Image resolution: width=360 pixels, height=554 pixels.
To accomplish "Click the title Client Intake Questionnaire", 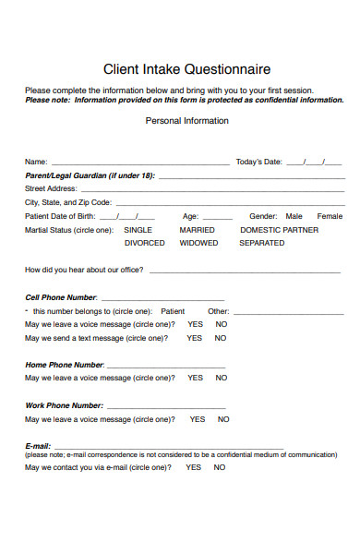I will tap(186, 69).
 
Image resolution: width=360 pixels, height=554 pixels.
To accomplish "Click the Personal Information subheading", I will tap(186, 121).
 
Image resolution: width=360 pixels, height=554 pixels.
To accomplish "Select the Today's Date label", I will tap(259, 162).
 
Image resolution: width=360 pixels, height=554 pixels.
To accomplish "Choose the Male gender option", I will tap(294, 216).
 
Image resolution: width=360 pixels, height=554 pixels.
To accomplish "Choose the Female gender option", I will tap(330, 216).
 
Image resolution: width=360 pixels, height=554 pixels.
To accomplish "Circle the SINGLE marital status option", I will tap(138, 230).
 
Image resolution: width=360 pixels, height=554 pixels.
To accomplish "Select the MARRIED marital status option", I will tap(197, 230).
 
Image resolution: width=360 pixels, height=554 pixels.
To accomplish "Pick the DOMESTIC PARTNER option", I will tap(279, 230).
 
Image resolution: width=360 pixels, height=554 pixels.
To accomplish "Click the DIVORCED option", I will tap(144, 244).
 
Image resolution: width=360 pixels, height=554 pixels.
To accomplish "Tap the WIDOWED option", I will tap(198, 244).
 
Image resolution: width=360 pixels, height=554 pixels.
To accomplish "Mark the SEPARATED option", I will tap(261, 244).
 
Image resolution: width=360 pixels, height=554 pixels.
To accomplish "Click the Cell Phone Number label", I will tap(61, 297).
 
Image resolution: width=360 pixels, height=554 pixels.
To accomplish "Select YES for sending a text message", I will tap(194, 338).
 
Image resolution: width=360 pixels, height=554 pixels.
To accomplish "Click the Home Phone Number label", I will tap(64, 365).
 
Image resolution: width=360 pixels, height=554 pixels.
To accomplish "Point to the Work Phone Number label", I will tap(64, 405).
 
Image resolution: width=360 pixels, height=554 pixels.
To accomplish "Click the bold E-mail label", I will tap(38, 446).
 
